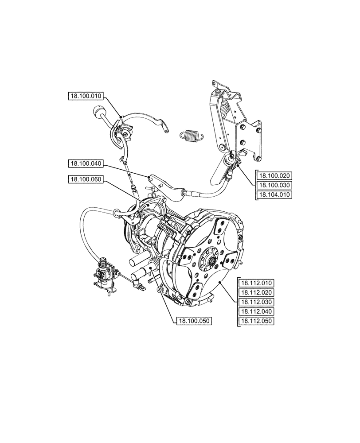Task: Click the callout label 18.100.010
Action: click(86, 96)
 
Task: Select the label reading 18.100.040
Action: click(86, 164)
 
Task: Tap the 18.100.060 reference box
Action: click(86, 179)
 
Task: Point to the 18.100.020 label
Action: click(274, 175)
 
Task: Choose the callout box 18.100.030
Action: click(274, 185)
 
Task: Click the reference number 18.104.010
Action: click(274, 194)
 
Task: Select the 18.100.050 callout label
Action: click(193, 321)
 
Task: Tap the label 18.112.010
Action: click(256, 283)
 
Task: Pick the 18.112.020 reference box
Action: click(256, 292)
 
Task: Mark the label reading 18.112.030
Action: click(256, 302)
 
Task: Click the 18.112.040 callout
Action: click(256, 312)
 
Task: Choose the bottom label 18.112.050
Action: click(256, 322)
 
